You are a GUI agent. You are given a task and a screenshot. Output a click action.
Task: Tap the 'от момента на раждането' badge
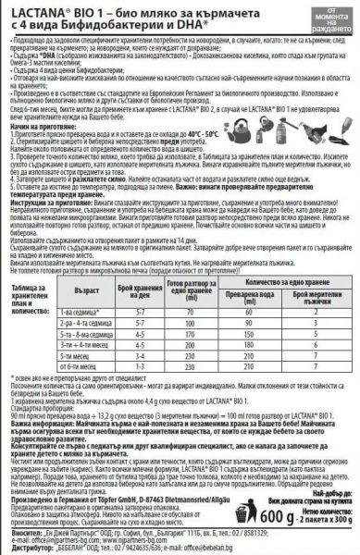(329, 21)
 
